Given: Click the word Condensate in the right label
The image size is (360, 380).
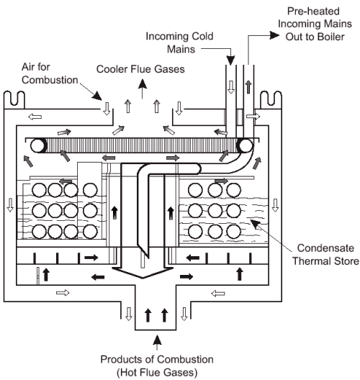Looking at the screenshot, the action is click(x=325, y=248).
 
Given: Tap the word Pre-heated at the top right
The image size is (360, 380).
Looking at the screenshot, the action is click(x=313, y=11).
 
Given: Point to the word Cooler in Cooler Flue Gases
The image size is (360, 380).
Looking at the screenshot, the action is click(x=112, y=69).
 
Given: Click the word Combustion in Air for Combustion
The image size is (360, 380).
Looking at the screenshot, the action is click(x=50, y=80).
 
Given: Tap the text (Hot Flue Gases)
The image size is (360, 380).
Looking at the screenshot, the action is click(x=157, y=372).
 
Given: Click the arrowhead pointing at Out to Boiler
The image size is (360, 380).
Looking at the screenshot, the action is click(x=274, y=35).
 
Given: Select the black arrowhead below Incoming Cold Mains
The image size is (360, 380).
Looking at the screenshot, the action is click(x=230, y=60).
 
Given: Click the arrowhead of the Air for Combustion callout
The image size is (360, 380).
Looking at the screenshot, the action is click(x=97, y=96).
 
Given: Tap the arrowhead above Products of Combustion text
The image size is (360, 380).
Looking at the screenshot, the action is click(x=158, y=340).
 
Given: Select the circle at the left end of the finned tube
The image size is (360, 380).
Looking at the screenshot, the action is click(x=38, y=145).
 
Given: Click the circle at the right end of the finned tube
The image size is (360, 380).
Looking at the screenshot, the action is click(x=246, y=145).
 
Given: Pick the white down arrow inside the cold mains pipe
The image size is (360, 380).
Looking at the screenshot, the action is click(x=231, y=87).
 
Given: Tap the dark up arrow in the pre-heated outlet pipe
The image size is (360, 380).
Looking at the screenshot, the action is click(x=248, y=87).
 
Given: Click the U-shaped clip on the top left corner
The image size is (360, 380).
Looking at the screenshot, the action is click(x=14, y=99).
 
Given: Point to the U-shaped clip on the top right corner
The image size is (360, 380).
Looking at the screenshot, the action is click(x=271, y=99).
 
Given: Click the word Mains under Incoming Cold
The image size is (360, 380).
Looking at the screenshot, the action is click(x=181, y=49).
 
